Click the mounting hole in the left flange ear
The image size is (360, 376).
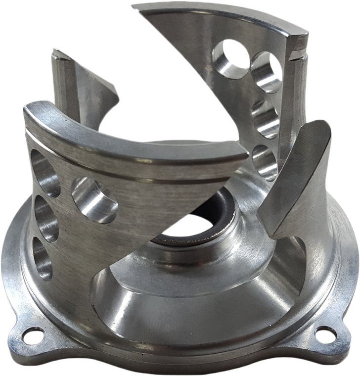(x=33, y=336)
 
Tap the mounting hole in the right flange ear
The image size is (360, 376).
(x=325, y=335)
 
